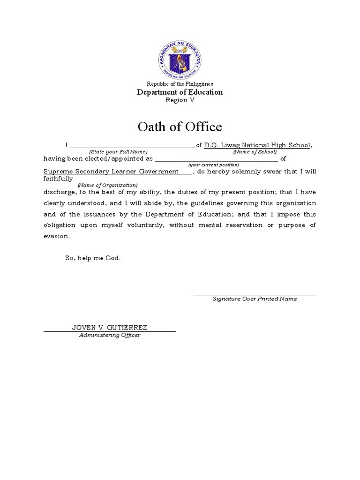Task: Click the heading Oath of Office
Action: click(180, 127)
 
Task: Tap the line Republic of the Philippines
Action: click(180, 84)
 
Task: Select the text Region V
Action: click(180, 100)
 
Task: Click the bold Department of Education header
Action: click(180, 92)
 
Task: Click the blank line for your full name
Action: click(132, 147)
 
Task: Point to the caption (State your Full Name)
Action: click(118, 152)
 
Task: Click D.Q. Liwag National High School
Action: click(257, 145)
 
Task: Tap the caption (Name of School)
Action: click(255, 152)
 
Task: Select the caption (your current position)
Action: click(213, 165)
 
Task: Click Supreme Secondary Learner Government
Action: click(111, 172)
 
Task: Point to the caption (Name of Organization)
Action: click(108, 185)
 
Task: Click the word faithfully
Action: click(58, 179)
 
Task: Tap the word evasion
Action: click(56, 237)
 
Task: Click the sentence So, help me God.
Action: click(93, 258)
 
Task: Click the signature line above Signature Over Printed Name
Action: click(255, 295)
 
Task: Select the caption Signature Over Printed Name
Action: click(255, 299)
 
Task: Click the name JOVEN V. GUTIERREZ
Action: click(110, 327)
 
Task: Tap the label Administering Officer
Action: click(110, 335)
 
